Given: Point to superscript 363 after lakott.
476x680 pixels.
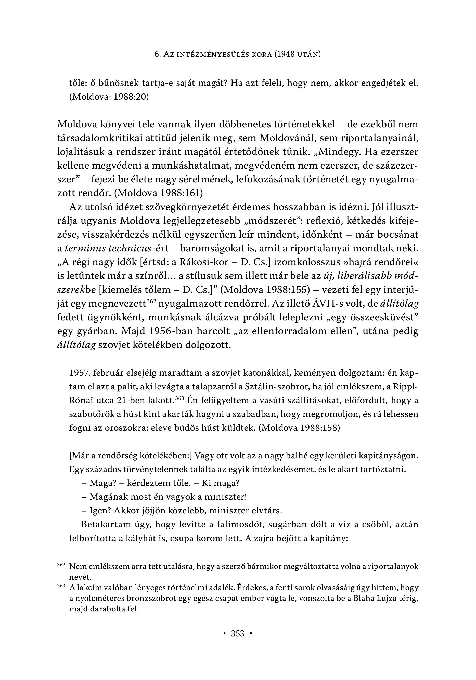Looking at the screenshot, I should (x=179, y=398).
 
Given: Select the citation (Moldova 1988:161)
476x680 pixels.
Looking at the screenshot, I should (x=159, y=193).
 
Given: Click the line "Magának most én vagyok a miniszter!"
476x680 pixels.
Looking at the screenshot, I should (x=168, y=497).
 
